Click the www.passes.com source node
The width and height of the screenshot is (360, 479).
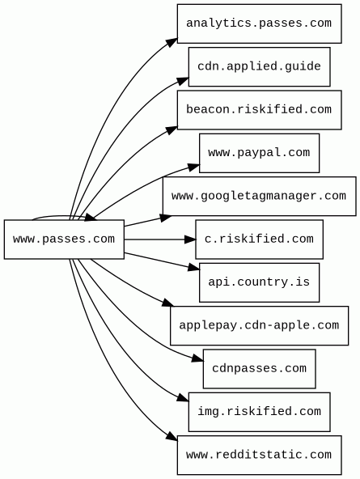pyautogui.click(x=64, y=239)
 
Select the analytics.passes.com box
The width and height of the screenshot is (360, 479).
pyautogui.click(x=259, y=23)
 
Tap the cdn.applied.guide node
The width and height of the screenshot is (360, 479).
pyautogui.click(x=259, y=66)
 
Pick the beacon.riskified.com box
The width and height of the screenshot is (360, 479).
pyautogui.click(x=259, y=110)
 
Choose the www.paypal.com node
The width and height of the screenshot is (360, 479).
pyautogui.click(x=259, y=153)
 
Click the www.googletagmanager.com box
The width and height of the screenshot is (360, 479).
pyautogui.click(x=259, y=196)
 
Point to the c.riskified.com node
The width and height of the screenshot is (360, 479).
pyautogui.click(x=259, y=239)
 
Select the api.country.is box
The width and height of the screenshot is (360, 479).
pyautogui.click(x=259, y=282)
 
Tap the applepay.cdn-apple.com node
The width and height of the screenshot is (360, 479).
pyautogui.click(x=259, y=325)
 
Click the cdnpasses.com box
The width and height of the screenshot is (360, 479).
pyautogui.click(x=259, y=369)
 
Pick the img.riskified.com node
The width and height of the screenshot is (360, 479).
pyautogui.click(x=259, y=412)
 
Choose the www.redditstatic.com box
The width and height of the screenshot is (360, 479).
pyautogui.click(x=259, y=456)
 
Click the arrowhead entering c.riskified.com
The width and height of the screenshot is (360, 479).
pyautogui.click(x=190, y=239)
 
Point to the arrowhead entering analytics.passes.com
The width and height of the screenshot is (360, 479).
pyautogui.click(x=172, y=42)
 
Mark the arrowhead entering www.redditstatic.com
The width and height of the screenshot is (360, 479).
pyautogui.click(x=172, y=436)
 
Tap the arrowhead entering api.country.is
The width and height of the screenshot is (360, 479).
pyautogui.click(x=194, y=268)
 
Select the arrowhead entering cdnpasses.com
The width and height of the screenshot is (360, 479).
pyautogui.click(x=198, y=358)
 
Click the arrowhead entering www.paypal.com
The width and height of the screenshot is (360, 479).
pyautogui.click(x=194, y=167)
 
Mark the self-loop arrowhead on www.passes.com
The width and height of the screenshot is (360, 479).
pyautogui.click(x=91, y=217)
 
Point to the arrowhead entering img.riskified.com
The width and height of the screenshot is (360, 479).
pyautogui.click(x=184, y=397)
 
